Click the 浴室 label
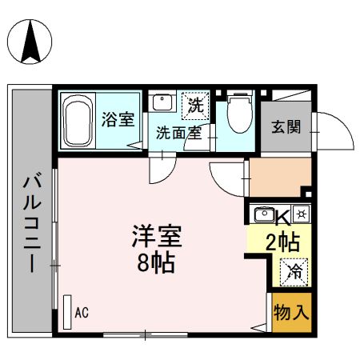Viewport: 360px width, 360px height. (118, 120)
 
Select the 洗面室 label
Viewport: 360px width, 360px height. (178, 133)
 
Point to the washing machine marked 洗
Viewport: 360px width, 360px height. (194, 104)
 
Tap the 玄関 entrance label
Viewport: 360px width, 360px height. (285, 126)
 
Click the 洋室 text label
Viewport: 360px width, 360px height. (157, 238)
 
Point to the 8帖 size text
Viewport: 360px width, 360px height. (157, 263)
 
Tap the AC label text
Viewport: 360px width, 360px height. (82, 313)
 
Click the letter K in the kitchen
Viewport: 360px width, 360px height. (282, 215)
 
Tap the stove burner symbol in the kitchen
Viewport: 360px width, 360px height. (302, 214)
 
